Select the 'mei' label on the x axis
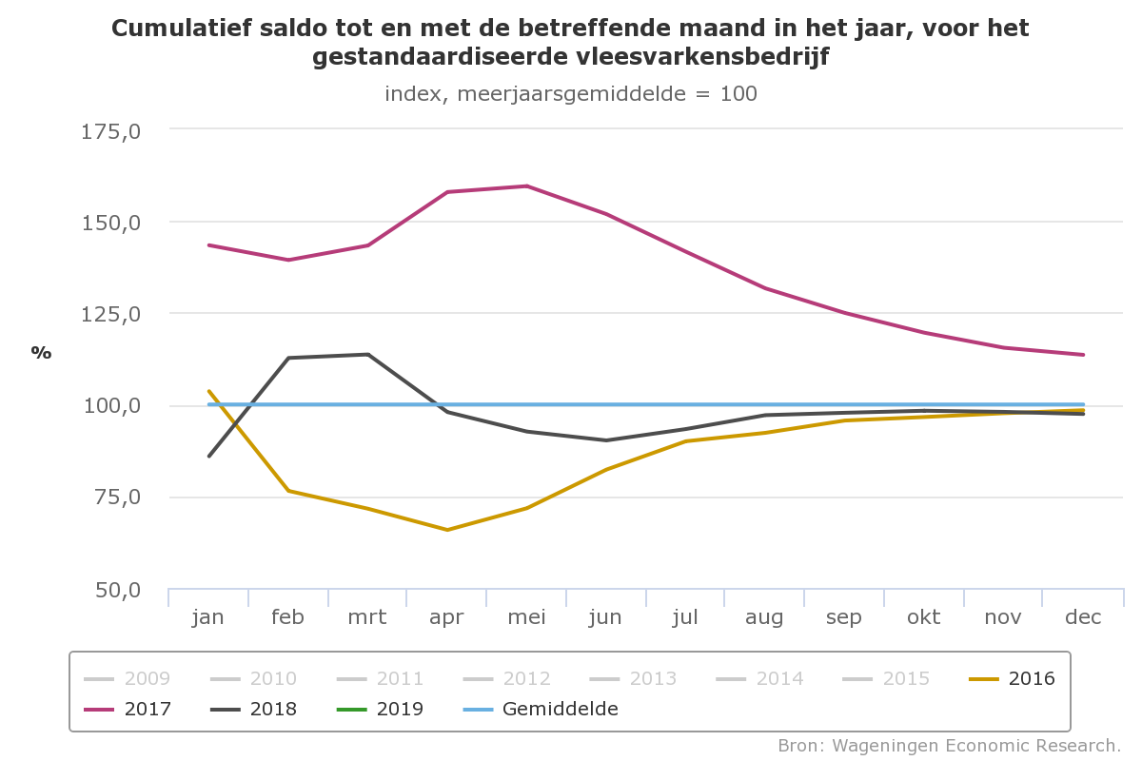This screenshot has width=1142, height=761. (x=526, y=617)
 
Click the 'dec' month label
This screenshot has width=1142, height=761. (x=1083, y=617)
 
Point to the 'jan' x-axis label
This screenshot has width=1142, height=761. (x=207, y=617)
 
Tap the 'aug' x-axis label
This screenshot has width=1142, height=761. (x=764, y=617)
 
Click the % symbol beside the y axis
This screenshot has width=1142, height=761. (x=41, y=353)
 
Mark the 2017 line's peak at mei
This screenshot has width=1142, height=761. (x=526, y=185)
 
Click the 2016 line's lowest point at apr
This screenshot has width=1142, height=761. (x=447, y=530)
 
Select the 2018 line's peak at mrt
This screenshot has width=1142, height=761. (x=368, y=355)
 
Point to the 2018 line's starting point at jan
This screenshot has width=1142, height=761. (x=208, y=456)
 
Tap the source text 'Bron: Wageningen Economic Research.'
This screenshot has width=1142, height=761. (x=949, y=744)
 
